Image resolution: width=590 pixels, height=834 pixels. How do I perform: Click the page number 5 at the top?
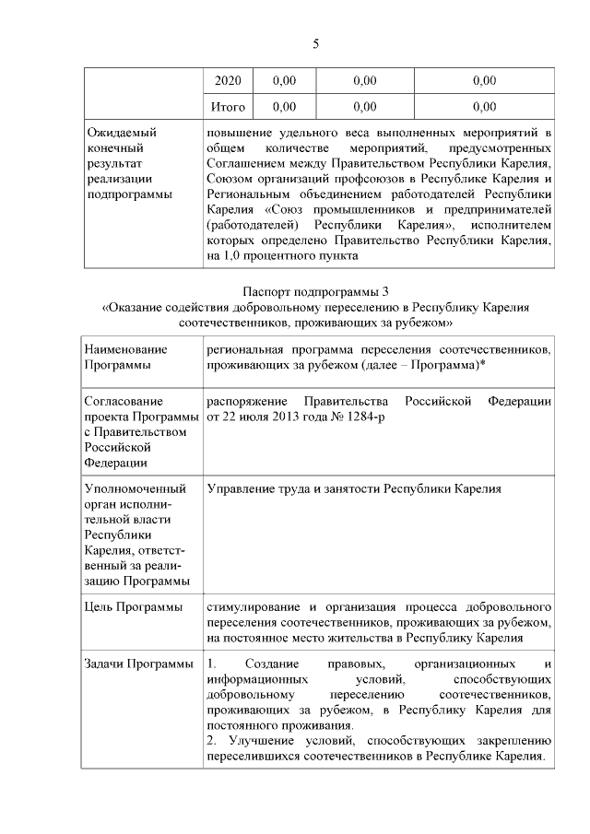(x=315, y=43)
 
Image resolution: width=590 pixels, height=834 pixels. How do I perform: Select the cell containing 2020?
(x=227, y=81)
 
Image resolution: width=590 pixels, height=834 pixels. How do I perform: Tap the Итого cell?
(x=227, y=107)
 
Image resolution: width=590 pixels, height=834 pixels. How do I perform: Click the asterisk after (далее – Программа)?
(x=483, y=366)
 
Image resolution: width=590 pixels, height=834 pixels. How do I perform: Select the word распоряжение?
(x=242, y=402)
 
